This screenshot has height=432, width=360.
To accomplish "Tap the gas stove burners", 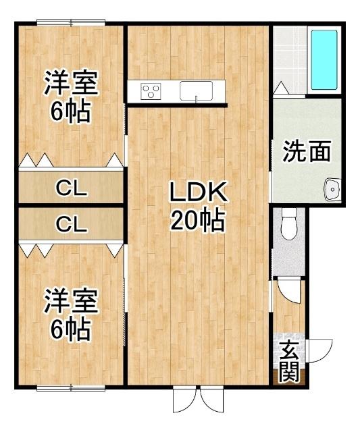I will [x=151, y=90].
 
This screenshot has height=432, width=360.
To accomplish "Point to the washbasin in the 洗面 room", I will [x=332, y=190].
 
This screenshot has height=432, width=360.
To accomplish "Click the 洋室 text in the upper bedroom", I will [x=72, y=84].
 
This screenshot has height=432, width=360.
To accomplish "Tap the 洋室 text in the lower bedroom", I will [x=72, y=301].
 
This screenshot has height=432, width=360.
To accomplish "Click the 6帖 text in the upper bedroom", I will [x=72, y=111].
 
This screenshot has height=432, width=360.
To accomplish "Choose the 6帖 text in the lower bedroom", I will [x=72, y=329].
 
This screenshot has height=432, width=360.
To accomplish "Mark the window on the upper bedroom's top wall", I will [x=71, y=24].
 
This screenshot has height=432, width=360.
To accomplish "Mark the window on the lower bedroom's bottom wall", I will [x=71, y=387].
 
